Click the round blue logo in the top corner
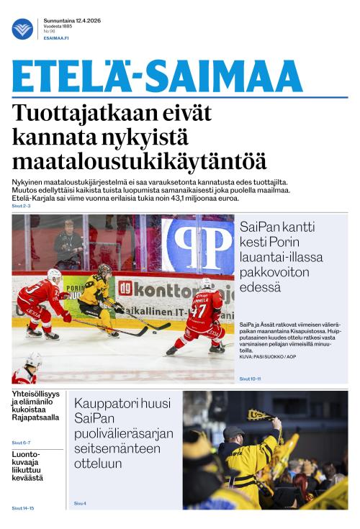point(22,29)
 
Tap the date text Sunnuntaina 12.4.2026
point(72,20)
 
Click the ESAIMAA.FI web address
point(55,37)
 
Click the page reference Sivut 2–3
point(22,206)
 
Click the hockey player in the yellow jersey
point(99,299)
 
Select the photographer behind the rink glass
point(69,242)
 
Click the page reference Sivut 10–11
point(250,379)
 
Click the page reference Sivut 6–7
point(22,442)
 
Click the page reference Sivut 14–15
point(23,508)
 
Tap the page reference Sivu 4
point(80,503)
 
